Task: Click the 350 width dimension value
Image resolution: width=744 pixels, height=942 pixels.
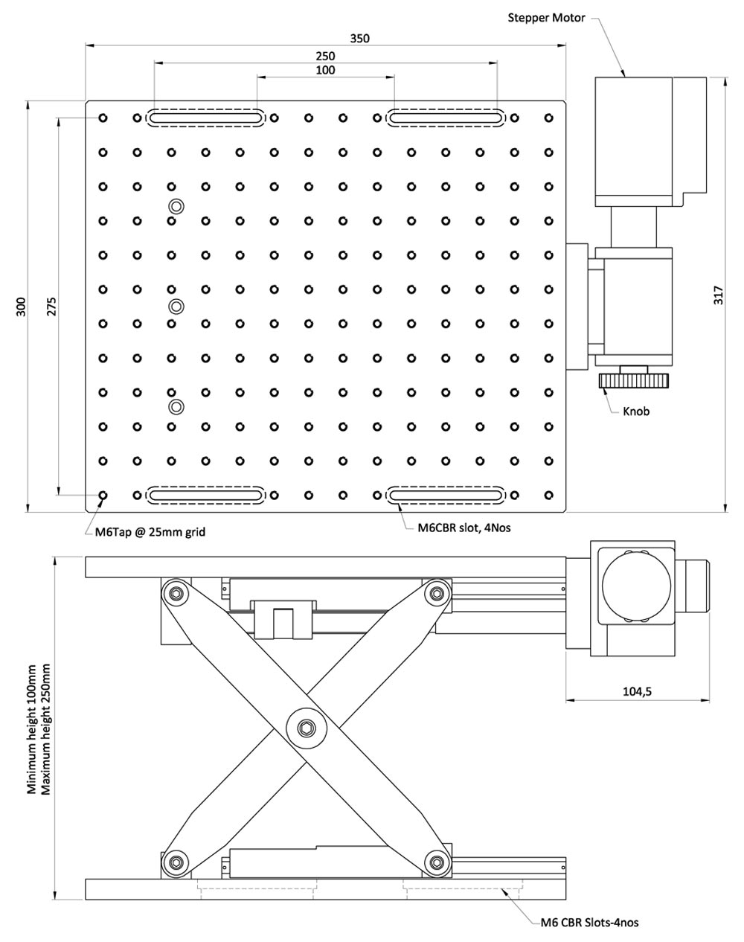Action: pyautogui.click(x=359, y=38)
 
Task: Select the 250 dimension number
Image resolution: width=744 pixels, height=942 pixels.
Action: pyautogui.click(x=325, y=56)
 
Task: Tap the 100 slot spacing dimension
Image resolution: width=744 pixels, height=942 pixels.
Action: pyautogui.click(x=325, y=71)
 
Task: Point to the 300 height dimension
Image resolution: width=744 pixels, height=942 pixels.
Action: pyautogui.click(x=21, y=306)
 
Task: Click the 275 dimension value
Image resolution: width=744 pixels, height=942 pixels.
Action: pyautogui.click(x=51, y=306)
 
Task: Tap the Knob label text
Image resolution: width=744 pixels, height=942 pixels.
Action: pyautogui.click(x=636, y=411)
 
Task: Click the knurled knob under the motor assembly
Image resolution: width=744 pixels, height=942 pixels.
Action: pyautogui.click(x=632, y=382)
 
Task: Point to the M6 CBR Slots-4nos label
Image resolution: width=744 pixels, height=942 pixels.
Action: pyautogui.click(x=589, y=923)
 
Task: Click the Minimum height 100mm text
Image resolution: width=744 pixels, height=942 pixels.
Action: pyautogui.click(x=32, y=730)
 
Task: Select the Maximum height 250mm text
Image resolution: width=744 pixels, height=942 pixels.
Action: pyautogui.click(x=46, y=730)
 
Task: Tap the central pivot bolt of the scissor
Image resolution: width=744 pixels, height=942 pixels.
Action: pyautogui.click(x=305, y=727)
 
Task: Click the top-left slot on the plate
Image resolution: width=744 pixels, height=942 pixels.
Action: pyautogui.click(x=205, y=118)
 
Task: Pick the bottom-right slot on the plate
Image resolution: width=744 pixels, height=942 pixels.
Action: pyautogui.click(x=445, y=495)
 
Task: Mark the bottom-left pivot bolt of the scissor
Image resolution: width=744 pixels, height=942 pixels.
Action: pyautogui.click(x=176, y=862)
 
